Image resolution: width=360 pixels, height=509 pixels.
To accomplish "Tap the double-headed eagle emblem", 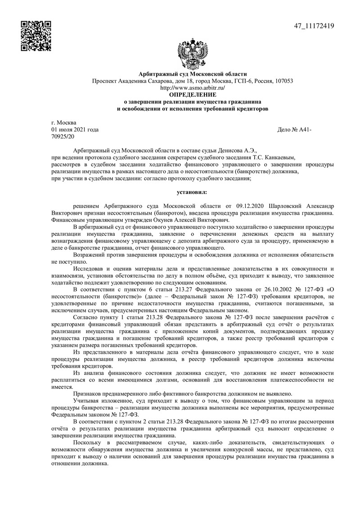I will coord(193,53).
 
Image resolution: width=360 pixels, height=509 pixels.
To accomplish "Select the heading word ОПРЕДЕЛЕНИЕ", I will coord(193,95).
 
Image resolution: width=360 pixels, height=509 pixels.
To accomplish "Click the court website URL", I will coord(193,88).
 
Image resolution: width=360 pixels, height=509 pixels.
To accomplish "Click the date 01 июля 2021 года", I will coord(75,130).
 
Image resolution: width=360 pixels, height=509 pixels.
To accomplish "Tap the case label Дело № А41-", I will coord(295,130).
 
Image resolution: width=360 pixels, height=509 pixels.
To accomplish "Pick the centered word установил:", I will coord(193,192).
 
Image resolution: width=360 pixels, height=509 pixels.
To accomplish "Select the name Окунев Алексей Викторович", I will coord(189,220).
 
